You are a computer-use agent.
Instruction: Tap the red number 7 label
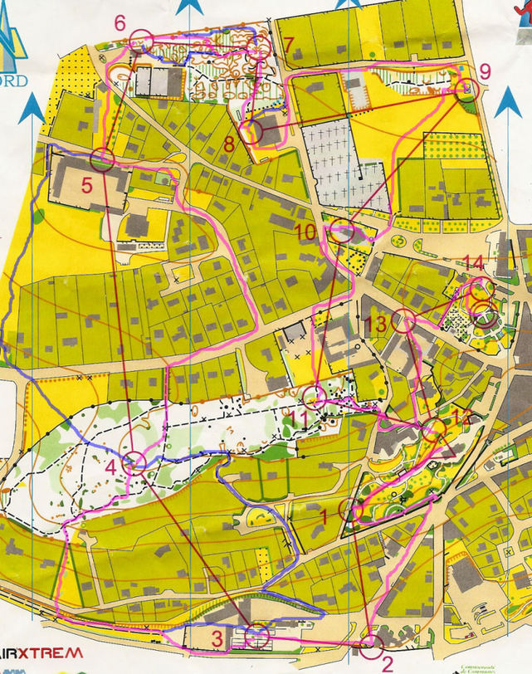click(288, 43)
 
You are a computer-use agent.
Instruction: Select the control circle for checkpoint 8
click(251, 130)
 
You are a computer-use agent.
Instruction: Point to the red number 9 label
click(486, 69)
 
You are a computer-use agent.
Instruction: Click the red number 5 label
click(86, 185)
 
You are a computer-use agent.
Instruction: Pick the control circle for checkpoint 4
click(134, 463)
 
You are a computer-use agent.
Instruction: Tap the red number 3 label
click(215, 638)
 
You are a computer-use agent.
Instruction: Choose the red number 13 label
click(375, 324)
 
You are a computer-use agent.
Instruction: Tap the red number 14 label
click(473, 263)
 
